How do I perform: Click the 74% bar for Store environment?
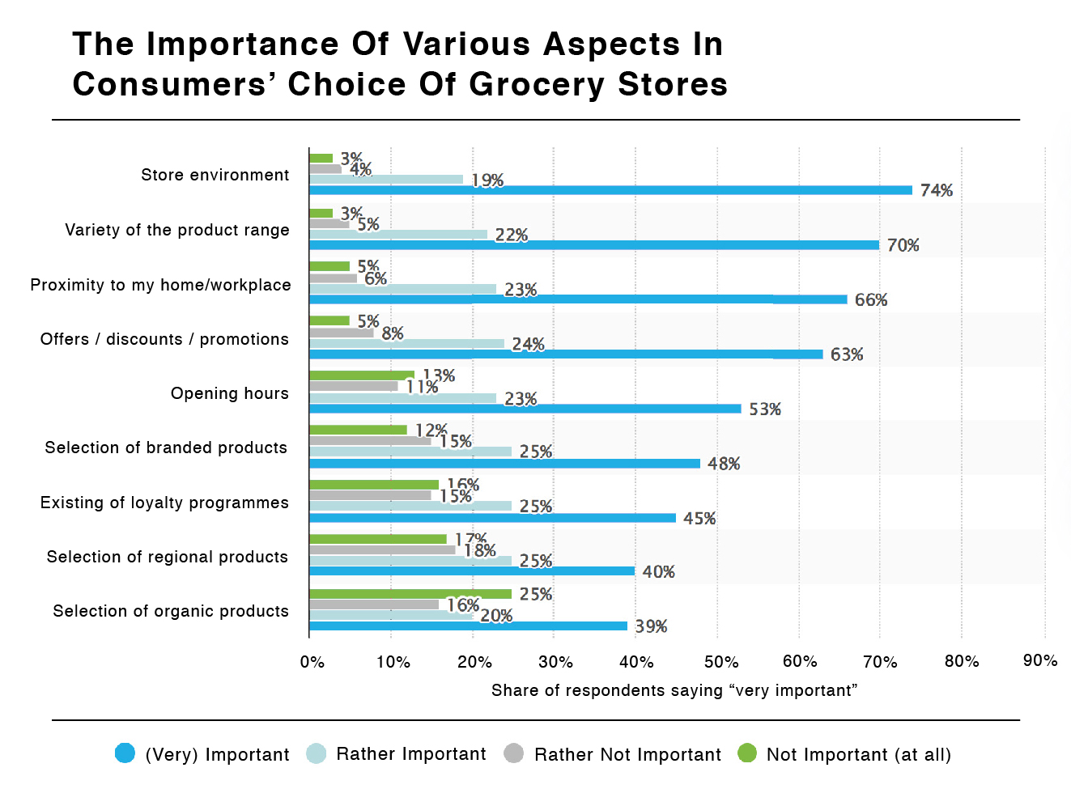tap(610, 190)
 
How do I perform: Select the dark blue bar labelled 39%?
tap(468, 626)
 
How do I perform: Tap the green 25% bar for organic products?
tap(410, 594)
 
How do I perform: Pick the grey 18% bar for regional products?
tap(382, 549)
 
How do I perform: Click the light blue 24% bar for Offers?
tap(406, 344)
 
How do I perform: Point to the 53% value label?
tap(765, 409)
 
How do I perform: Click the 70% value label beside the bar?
tap(903, 245)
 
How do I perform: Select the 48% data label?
tap(724, 464)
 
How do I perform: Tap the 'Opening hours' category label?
tap(229, 393)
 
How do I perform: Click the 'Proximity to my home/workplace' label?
tap(160, 285)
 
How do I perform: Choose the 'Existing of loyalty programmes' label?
tap(164, 503)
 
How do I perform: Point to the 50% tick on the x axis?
tap(720, 662)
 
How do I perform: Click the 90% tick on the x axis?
tap(1040, 660)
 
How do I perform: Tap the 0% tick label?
tap(312, 662)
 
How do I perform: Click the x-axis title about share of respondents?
tap(674, 690)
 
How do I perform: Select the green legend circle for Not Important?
tap(747, 753)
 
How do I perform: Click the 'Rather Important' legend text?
tap(411, 754)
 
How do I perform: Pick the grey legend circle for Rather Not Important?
tap(513, 753)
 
